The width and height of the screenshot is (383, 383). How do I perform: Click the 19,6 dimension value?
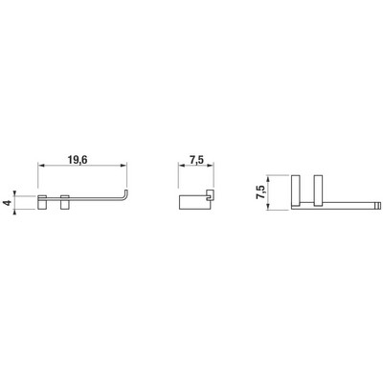point(78,160)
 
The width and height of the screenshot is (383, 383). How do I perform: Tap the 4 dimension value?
point(9,202)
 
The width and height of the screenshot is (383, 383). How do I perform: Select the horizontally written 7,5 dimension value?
point(196,161)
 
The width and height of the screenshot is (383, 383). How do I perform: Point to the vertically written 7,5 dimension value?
point(260,192)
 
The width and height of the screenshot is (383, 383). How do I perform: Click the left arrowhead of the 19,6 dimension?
point(40,165)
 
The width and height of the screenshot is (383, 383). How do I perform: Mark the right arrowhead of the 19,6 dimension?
point(124,165)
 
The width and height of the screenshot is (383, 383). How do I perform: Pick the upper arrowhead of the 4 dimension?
point(14,192)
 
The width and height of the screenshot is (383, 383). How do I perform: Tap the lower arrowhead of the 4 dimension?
point(14,212)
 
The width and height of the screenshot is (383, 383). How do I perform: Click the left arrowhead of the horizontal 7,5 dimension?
point(181,166)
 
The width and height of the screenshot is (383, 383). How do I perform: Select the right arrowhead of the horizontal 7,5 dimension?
point(211,166)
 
